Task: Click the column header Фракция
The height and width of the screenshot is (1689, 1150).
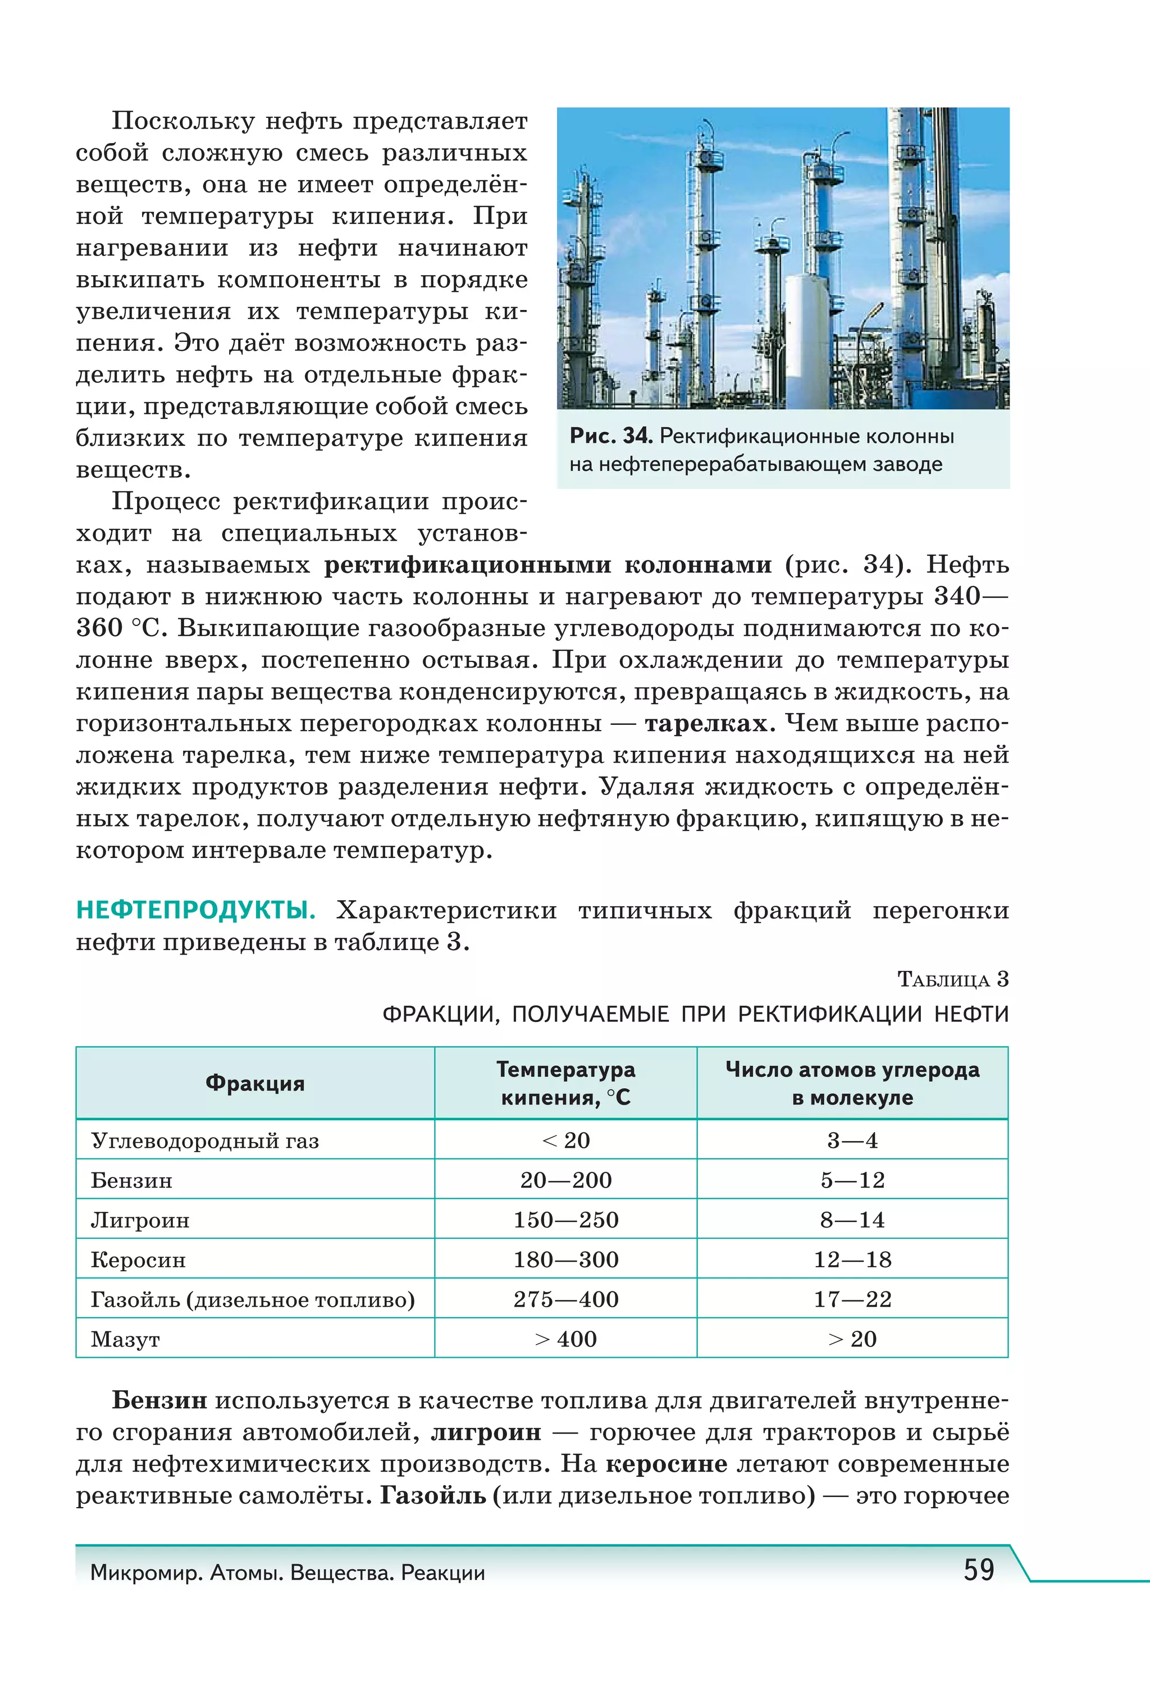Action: tap(254, 1083)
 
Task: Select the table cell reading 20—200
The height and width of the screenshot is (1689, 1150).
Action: tap(565, 1180)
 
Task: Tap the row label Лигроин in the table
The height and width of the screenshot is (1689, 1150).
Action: tap(140, 1220)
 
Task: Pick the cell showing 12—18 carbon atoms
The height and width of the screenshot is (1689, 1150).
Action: tap(852, 1259)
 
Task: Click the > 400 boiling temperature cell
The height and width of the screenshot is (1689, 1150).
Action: tap(565, 1339)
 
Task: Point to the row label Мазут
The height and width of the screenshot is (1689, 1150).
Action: tap(125, 1339)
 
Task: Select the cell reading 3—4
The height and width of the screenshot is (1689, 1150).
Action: tap(852, 1140)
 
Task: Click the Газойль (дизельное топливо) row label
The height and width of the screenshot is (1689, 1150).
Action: tap(252, 1299)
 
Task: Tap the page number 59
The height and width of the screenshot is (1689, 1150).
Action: tap(978, 1570)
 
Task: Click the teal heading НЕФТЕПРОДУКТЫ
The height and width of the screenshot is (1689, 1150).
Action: tap(195, 910)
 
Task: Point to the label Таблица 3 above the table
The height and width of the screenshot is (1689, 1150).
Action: tap(952, 980)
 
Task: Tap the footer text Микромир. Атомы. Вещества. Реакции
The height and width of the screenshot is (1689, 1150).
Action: tap(287, 1573)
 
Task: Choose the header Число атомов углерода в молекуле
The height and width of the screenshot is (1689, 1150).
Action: tap(852, 1083)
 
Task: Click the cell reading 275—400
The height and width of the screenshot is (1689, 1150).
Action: tap(565, 1299)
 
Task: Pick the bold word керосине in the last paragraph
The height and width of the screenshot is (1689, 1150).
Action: tap(666, 1464)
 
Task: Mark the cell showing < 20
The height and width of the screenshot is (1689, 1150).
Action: tap(565, 1140)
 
